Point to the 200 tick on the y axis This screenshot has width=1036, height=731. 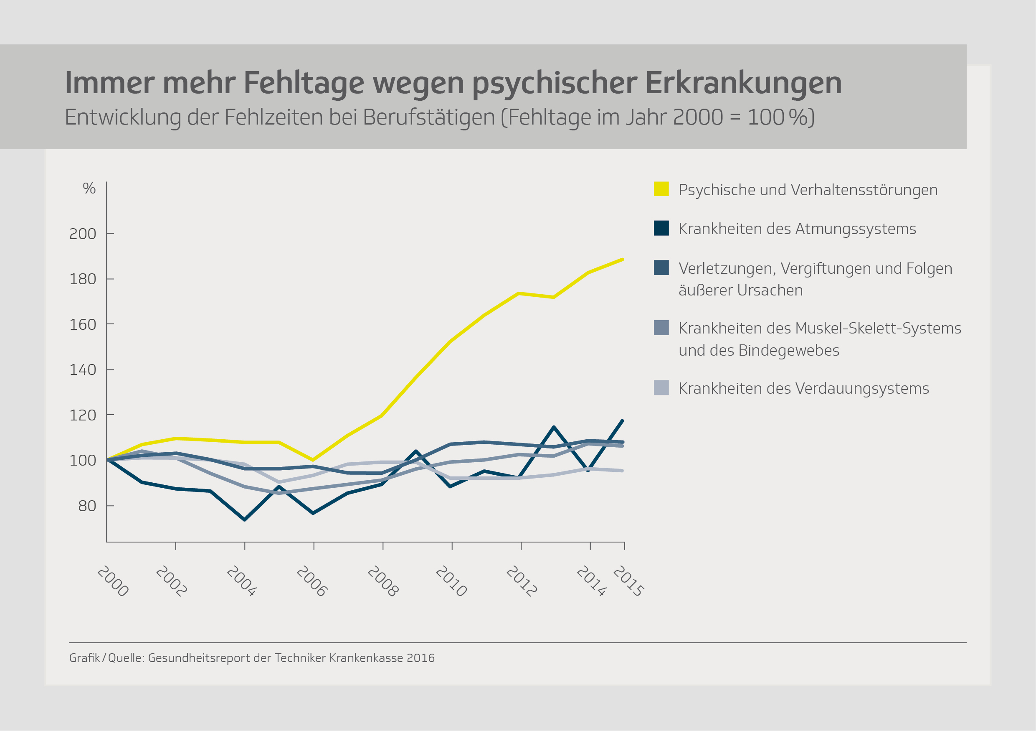(x=83, y=234)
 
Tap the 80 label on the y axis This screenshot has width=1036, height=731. (x=87, y=506)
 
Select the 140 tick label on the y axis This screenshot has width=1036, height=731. (x=83, y=370)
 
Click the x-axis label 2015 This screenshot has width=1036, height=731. (x=628, y=581)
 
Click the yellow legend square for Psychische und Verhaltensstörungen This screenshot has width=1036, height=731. (x=661, y=189)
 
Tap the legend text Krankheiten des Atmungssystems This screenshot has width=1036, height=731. (x=797, y=229)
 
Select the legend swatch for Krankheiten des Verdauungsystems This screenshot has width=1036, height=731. (x=661, y=388)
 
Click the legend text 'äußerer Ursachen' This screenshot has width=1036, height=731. (x=740, y=290)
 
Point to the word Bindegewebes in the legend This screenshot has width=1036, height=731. (x=789, y=350)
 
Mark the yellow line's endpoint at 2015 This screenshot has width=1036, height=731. (x=623, y=260)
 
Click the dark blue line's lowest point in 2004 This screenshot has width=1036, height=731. (x=245, y=520)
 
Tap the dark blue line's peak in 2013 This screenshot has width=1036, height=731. (x=554, y=427)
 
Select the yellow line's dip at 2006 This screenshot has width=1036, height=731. (x=313, y=460)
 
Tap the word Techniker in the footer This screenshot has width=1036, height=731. (x=300, y=658)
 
